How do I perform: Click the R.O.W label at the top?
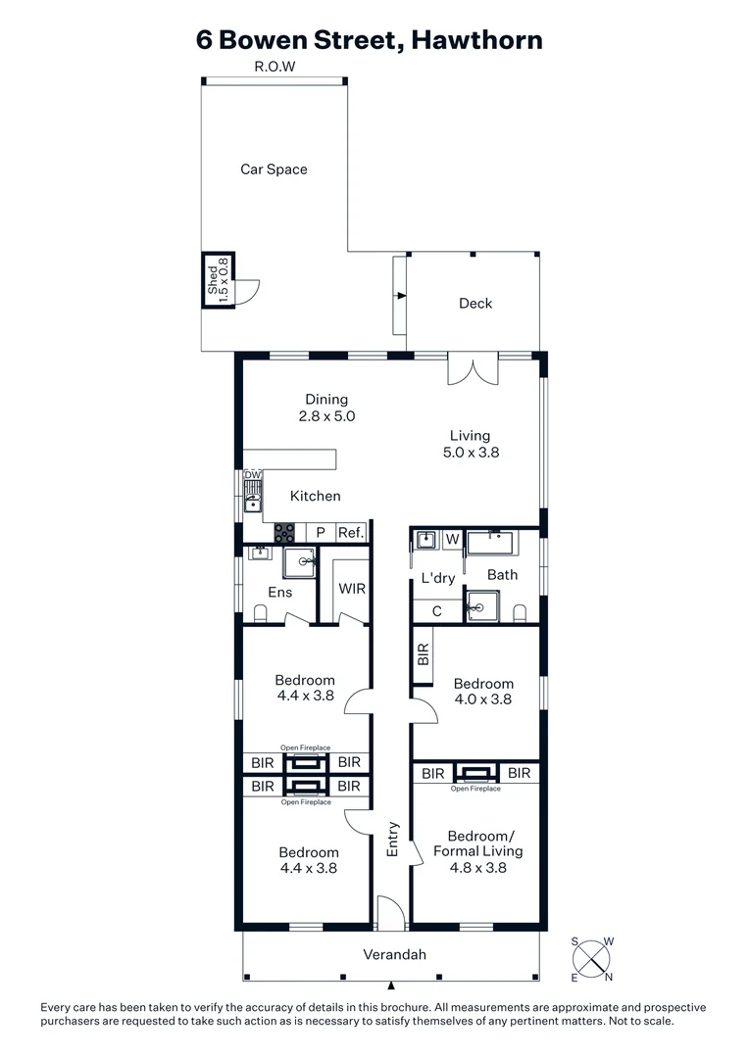click(x=275, y=67)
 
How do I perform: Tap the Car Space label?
click(x=274, y=169)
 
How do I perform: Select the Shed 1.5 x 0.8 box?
click(x=217, y=279)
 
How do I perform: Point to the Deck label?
click(x=475, y=304)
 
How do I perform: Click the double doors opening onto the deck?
click(x=474, y=370)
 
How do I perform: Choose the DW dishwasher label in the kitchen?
click(x=253, y=475)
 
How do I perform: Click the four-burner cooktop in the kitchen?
click(x=284, y=533)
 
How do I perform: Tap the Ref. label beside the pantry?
click(x=351, y=533)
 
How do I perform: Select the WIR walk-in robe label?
click(x=352, y=589)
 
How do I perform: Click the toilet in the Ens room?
click(x=261, y=613)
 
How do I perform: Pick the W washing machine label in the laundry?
click(x=452, y=538)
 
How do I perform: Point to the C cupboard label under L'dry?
click(x=436, y=610)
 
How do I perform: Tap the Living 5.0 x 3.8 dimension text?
click(x=470, y=453)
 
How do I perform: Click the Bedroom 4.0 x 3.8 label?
click(x=482, y=692)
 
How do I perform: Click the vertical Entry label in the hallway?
click(x=393, y=840)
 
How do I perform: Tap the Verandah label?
click(x=395, y=955)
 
